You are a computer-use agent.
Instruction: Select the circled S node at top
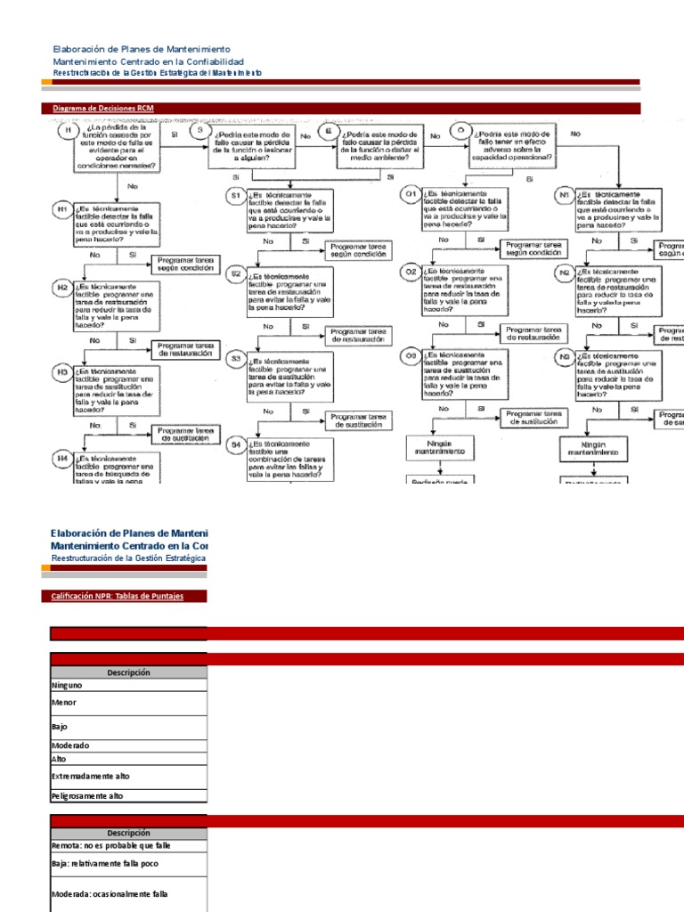200,130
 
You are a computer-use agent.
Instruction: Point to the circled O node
460,130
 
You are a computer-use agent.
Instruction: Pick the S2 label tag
236,273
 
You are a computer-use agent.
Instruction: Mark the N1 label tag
565,193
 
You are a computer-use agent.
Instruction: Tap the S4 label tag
236,418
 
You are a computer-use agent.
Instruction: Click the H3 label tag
63,370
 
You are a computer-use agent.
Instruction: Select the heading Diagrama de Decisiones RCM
103,109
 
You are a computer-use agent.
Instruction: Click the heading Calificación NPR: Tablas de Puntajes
118,596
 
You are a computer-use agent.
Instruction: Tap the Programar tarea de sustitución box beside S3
358,395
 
